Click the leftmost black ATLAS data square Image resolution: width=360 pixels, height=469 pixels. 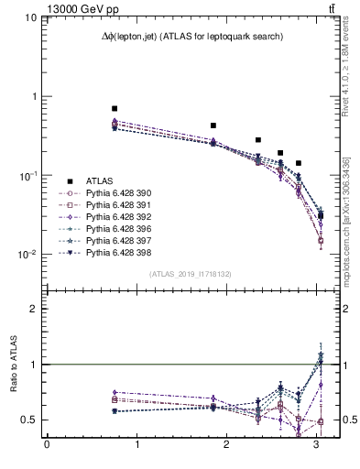coord(115,108)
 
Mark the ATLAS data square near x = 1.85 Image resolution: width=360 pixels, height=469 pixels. coord(213,125)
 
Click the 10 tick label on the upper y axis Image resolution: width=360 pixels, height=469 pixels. coord(30,17)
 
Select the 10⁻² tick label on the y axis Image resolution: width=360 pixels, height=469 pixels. coord(27,254)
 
